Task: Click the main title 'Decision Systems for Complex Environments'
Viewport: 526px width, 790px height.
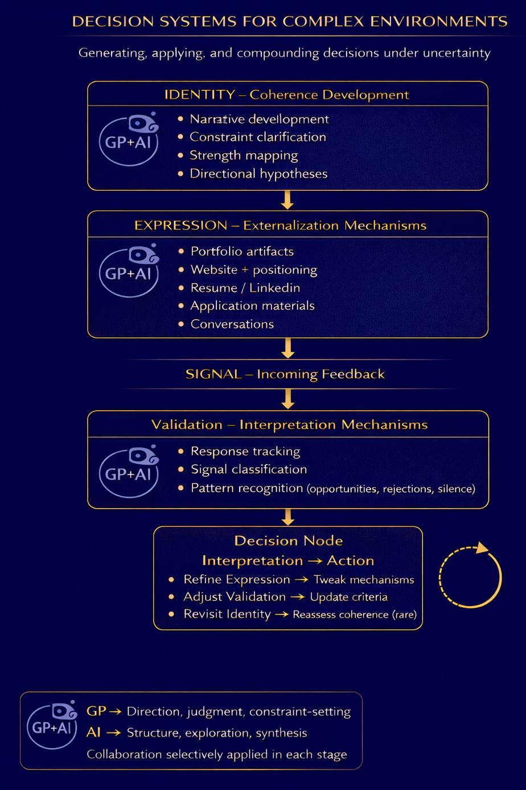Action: tap(289, 22)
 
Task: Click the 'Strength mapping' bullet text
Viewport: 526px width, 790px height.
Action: tap(244, 155)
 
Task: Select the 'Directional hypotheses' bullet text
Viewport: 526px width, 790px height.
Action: tap(258, 174)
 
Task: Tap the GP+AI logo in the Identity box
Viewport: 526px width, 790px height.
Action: tap(130, 140)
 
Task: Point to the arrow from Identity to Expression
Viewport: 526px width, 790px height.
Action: tap(287, 200)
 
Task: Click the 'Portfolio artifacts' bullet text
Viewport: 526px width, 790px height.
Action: tap(242, 251)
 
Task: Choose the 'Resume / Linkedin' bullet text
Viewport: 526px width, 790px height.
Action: tap(245, 288)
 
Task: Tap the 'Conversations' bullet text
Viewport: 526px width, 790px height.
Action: tap(232, 324)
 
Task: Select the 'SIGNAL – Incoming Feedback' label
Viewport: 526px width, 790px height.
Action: tap(285, 374)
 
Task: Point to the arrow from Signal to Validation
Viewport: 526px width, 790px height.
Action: tap(288, 399)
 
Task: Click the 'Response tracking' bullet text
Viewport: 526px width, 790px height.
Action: tap(245, 451)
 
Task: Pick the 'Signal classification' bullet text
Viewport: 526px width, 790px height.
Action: tap(249, 469)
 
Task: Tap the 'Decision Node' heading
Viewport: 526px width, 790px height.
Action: tap(289, 541)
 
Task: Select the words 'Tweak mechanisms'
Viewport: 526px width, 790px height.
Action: tap(364, 580)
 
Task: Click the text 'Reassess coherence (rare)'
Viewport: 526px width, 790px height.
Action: tap(355, 615)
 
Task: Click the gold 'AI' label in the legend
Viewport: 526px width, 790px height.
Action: tap(93, 733)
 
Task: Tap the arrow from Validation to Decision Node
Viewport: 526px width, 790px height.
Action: tap(288, 517)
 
